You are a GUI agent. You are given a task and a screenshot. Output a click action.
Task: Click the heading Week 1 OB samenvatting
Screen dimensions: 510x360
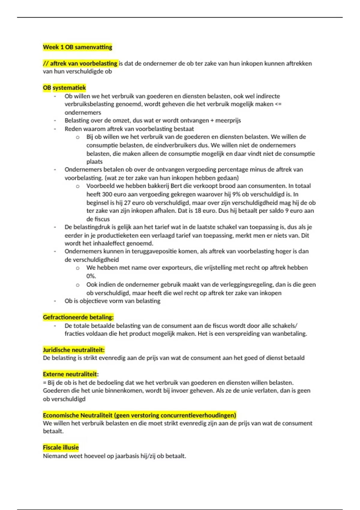77,47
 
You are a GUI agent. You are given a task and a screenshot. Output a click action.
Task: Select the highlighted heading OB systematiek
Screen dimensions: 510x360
64,88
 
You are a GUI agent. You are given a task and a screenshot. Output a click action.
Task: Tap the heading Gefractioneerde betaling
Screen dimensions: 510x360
78,317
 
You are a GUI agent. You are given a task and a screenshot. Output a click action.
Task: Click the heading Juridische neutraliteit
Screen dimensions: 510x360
73,350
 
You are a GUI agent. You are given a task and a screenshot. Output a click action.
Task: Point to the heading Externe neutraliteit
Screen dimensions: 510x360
70,374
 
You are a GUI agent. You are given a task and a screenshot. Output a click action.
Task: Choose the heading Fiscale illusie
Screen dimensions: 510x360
61,447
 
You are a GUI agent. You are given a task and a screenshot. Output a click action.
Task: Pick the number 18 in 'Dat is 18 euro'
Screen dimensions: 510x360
198,211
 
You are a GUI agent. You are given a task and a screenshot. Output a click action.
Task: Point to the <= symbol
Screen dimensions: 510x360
278,104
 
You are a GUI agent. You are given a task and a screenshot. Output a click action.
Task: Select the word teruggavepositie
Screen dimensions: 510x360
149,251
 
